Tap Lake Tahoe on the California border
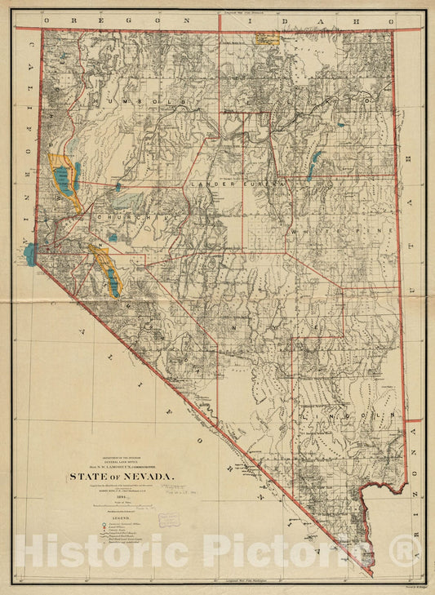click(30, 254)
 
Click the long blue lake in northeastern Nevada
click(313, 165)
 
